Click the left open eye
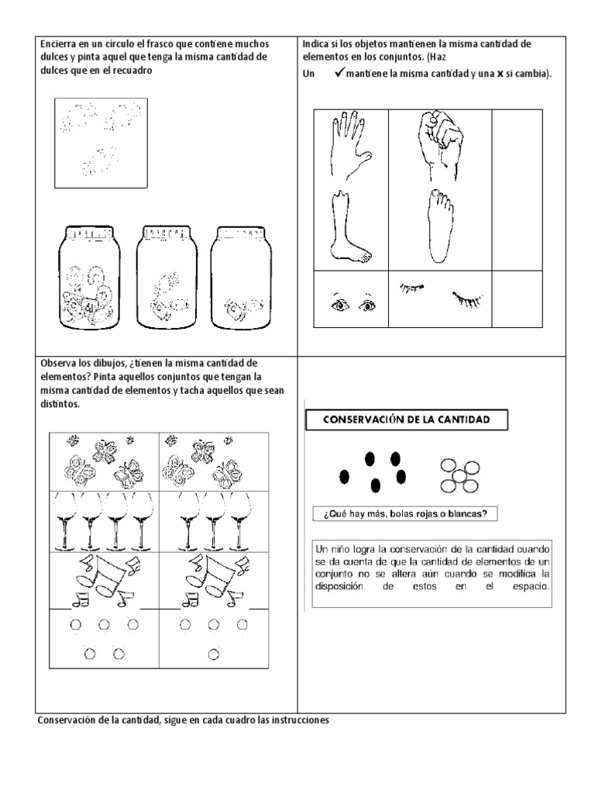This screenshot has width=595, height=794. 339,305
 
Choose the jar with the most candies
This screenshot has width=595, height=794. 89,280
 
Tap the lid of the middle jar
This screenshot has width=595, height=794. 165,233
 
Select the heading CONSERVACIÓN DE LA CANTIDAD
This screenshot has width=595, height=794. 407,420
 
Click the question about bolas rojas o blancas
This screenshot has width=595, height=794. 405,514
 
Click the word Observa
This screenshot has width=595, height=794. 58,363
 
